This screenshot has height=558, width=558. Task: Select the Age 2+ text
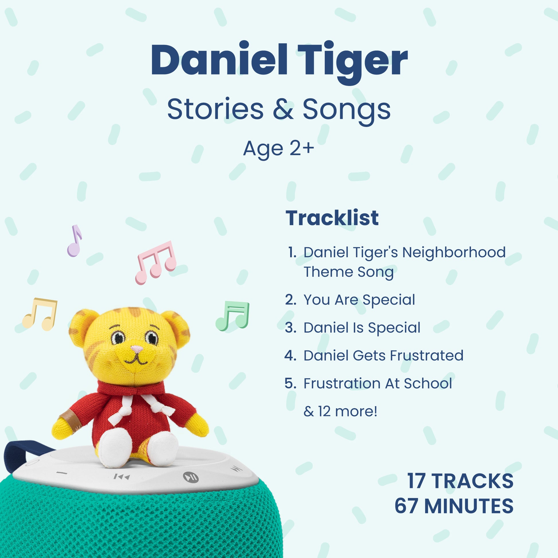pos(279,149)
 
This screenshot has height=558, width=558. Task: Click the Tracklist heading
pos(332,218)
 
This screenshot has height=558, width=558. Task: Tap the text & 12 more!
pos(340,411)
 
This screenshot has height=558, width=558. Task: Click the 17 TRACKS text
pos(460,481)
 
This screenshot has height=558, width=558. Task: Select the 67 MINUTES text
pos(454,506)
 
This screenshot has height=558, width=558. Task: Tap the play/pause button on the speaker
pos(191,477)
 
